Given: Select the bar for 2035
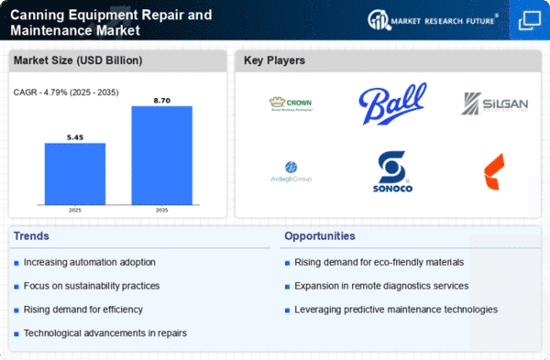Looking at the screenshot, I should (x=161, y=156).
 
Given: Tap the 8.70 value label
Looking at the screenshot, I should (x=161, y=98).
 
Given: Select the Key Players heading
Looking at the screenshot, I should (x=274, y=61).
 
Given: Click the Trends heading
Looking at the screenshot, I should (x=31, y=236).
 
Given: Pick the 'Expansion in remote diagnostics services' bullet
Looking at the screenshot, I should (x=382, y=286).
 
